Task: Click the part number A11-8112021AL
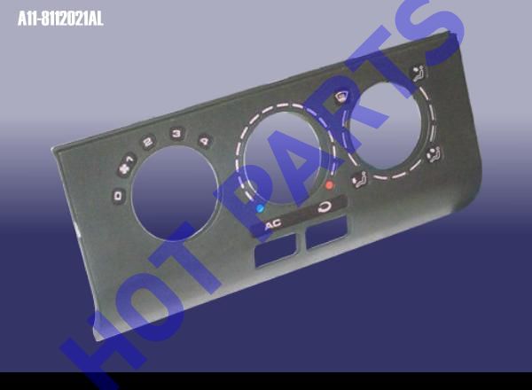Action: (60, 19)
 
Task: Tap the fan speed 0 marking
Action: (119, 196)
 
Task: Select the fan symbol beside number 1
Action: (124, 168)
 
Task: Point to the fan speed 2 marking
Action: (148, 142)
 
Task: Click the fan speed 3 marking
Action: (176, 133)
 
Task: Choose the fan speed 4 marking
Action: (205, 140)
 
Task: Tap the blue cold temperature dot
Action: (260, 208)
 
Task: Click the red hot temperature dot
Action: (329, 185)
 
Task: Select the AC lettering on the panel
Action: (274, 224)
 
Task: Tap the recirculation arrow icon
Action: (325, 207)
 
